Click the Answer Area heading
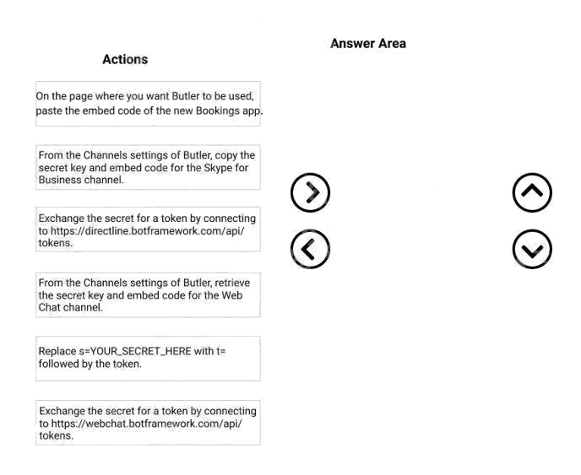coord(367,43)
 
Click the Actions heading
coord(125,59)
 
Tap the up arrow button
coord(532,192)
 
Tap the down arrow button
coord(532,249)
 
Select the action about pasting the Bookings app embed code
coord(148,104)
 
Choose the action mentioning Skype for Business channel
coord(148,167)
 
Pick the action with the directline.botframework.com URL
coord(148,230)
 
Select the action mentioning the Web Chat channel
coord(148,294)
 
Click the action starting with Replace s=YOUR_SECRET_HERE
coord(148,358)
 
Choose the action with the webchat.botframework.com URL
coord(148,423)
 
